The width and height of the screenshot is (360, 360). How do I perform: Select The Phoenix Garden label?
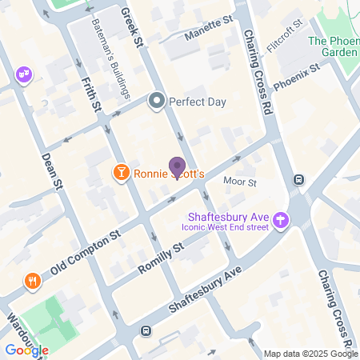[334, 46]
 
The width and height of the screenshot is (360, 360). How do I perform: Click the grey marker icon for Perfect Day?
[156, 102]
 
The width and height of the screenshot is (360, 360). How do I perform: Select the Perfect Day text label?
[198, 102]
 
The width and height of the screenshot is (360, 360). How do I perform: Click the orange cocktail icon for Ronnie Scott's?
[121, 173]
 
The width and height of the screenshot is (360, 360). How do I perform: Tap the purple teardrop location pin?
[178, 168]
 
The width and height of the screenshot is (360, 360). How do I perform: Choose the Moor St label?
[239, 182]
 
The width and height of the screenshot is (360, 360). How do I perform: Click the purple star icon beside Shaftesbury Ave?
[281, 219]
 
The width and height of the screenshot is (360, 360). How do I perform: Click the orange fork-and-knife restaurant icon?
[32, 281]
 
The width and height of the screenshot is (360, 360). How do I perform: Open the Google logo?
[26, 350]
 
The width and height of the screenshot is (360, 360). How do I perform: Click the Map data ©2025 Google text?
[311, 354]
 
